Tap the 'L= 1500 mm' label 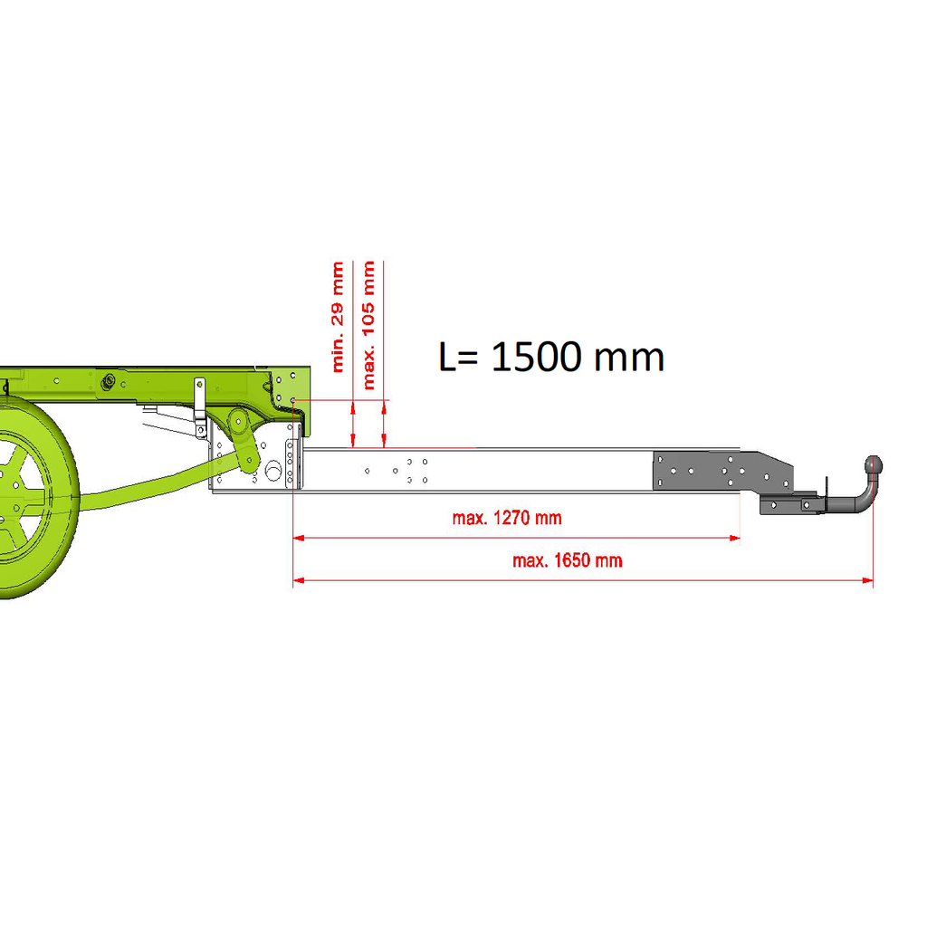(x=551, y=357)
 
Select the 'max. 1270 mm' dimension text (x=507, y=518)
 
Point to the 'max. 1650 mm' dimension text (x=567, y=560)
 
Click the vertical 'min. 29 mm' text (x=338, y=317)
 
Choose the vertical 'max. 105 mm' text (x=368, y=325)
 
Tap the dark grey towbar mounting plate (x=722, y=471)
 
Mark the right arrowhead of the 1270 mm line (x=735, y=538)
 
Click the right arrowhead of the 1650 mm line (x=868, y=580)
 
